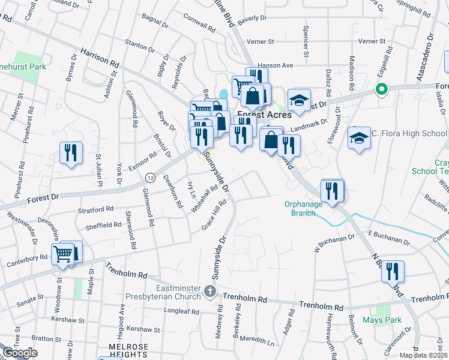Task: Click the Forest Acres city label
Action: click(x=264, y=115)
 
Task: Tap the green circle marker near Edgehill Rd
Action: click(x=380, y=90)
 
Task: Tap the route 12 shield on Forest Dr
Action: click(x=150, y=178)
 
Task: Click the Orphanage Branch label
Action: click(x=303, y=208)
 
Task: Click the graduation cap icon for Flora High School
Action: click(x=359, y=138)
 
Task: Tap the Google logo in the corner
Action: click(x=20, y=353)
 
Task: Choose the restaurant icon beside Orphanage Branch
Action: click(x=331, y=191)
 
